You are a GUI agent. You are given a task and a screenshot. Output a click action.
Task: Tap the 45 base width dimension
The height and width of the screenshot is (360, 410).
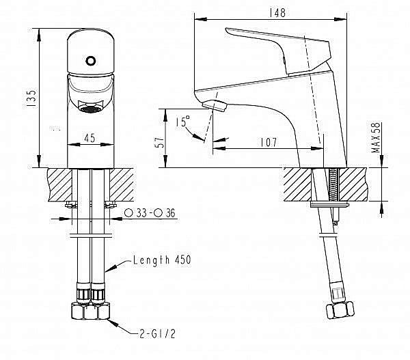(x=89, y=137)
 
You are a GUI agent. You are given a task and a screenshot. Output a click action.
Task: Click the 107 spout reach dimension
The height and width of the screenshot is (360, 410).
(x=268, y=142)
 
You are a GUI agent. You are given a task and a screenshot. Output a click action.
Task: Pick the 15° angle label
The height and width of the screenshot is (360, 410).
(x=182, y=122)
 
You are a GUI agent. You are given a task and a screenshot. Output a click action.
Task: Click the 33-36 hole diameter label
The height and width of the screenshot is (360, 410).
(x=150, y=213)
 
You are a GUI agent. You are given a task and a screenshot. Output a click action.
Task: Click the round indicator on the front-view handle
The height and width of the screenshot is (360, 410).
(x=90, y=60)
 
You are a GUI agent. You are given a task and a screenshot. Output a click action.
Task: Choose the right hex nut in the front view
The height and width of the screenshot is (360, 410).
(x=100, y=313)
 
